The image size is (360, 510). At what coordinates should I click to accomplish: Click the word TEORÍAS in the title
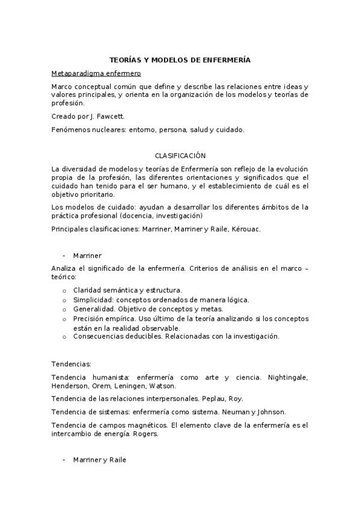[x=124, y=60]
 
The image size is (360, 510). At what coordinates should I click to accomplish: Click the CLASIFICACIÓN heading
[x=180, y=155]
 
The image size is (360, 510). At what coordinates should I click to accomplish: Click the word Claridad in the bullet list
[x=87, y=290]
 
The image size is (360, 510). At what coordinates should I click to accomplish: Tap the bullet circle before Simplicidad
[x=64, y=300]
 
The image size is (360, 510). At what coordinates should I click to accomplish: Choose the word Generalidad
[x=93, y=309]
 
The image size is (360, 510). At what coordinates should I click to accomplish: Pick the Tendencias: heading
[x=72, y=364]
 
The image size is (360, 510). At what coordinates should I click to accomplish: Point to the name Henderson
[x=70, y=386]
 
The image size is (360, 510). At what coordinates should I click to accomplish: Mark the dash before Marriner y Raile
[x=64, y=460]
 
